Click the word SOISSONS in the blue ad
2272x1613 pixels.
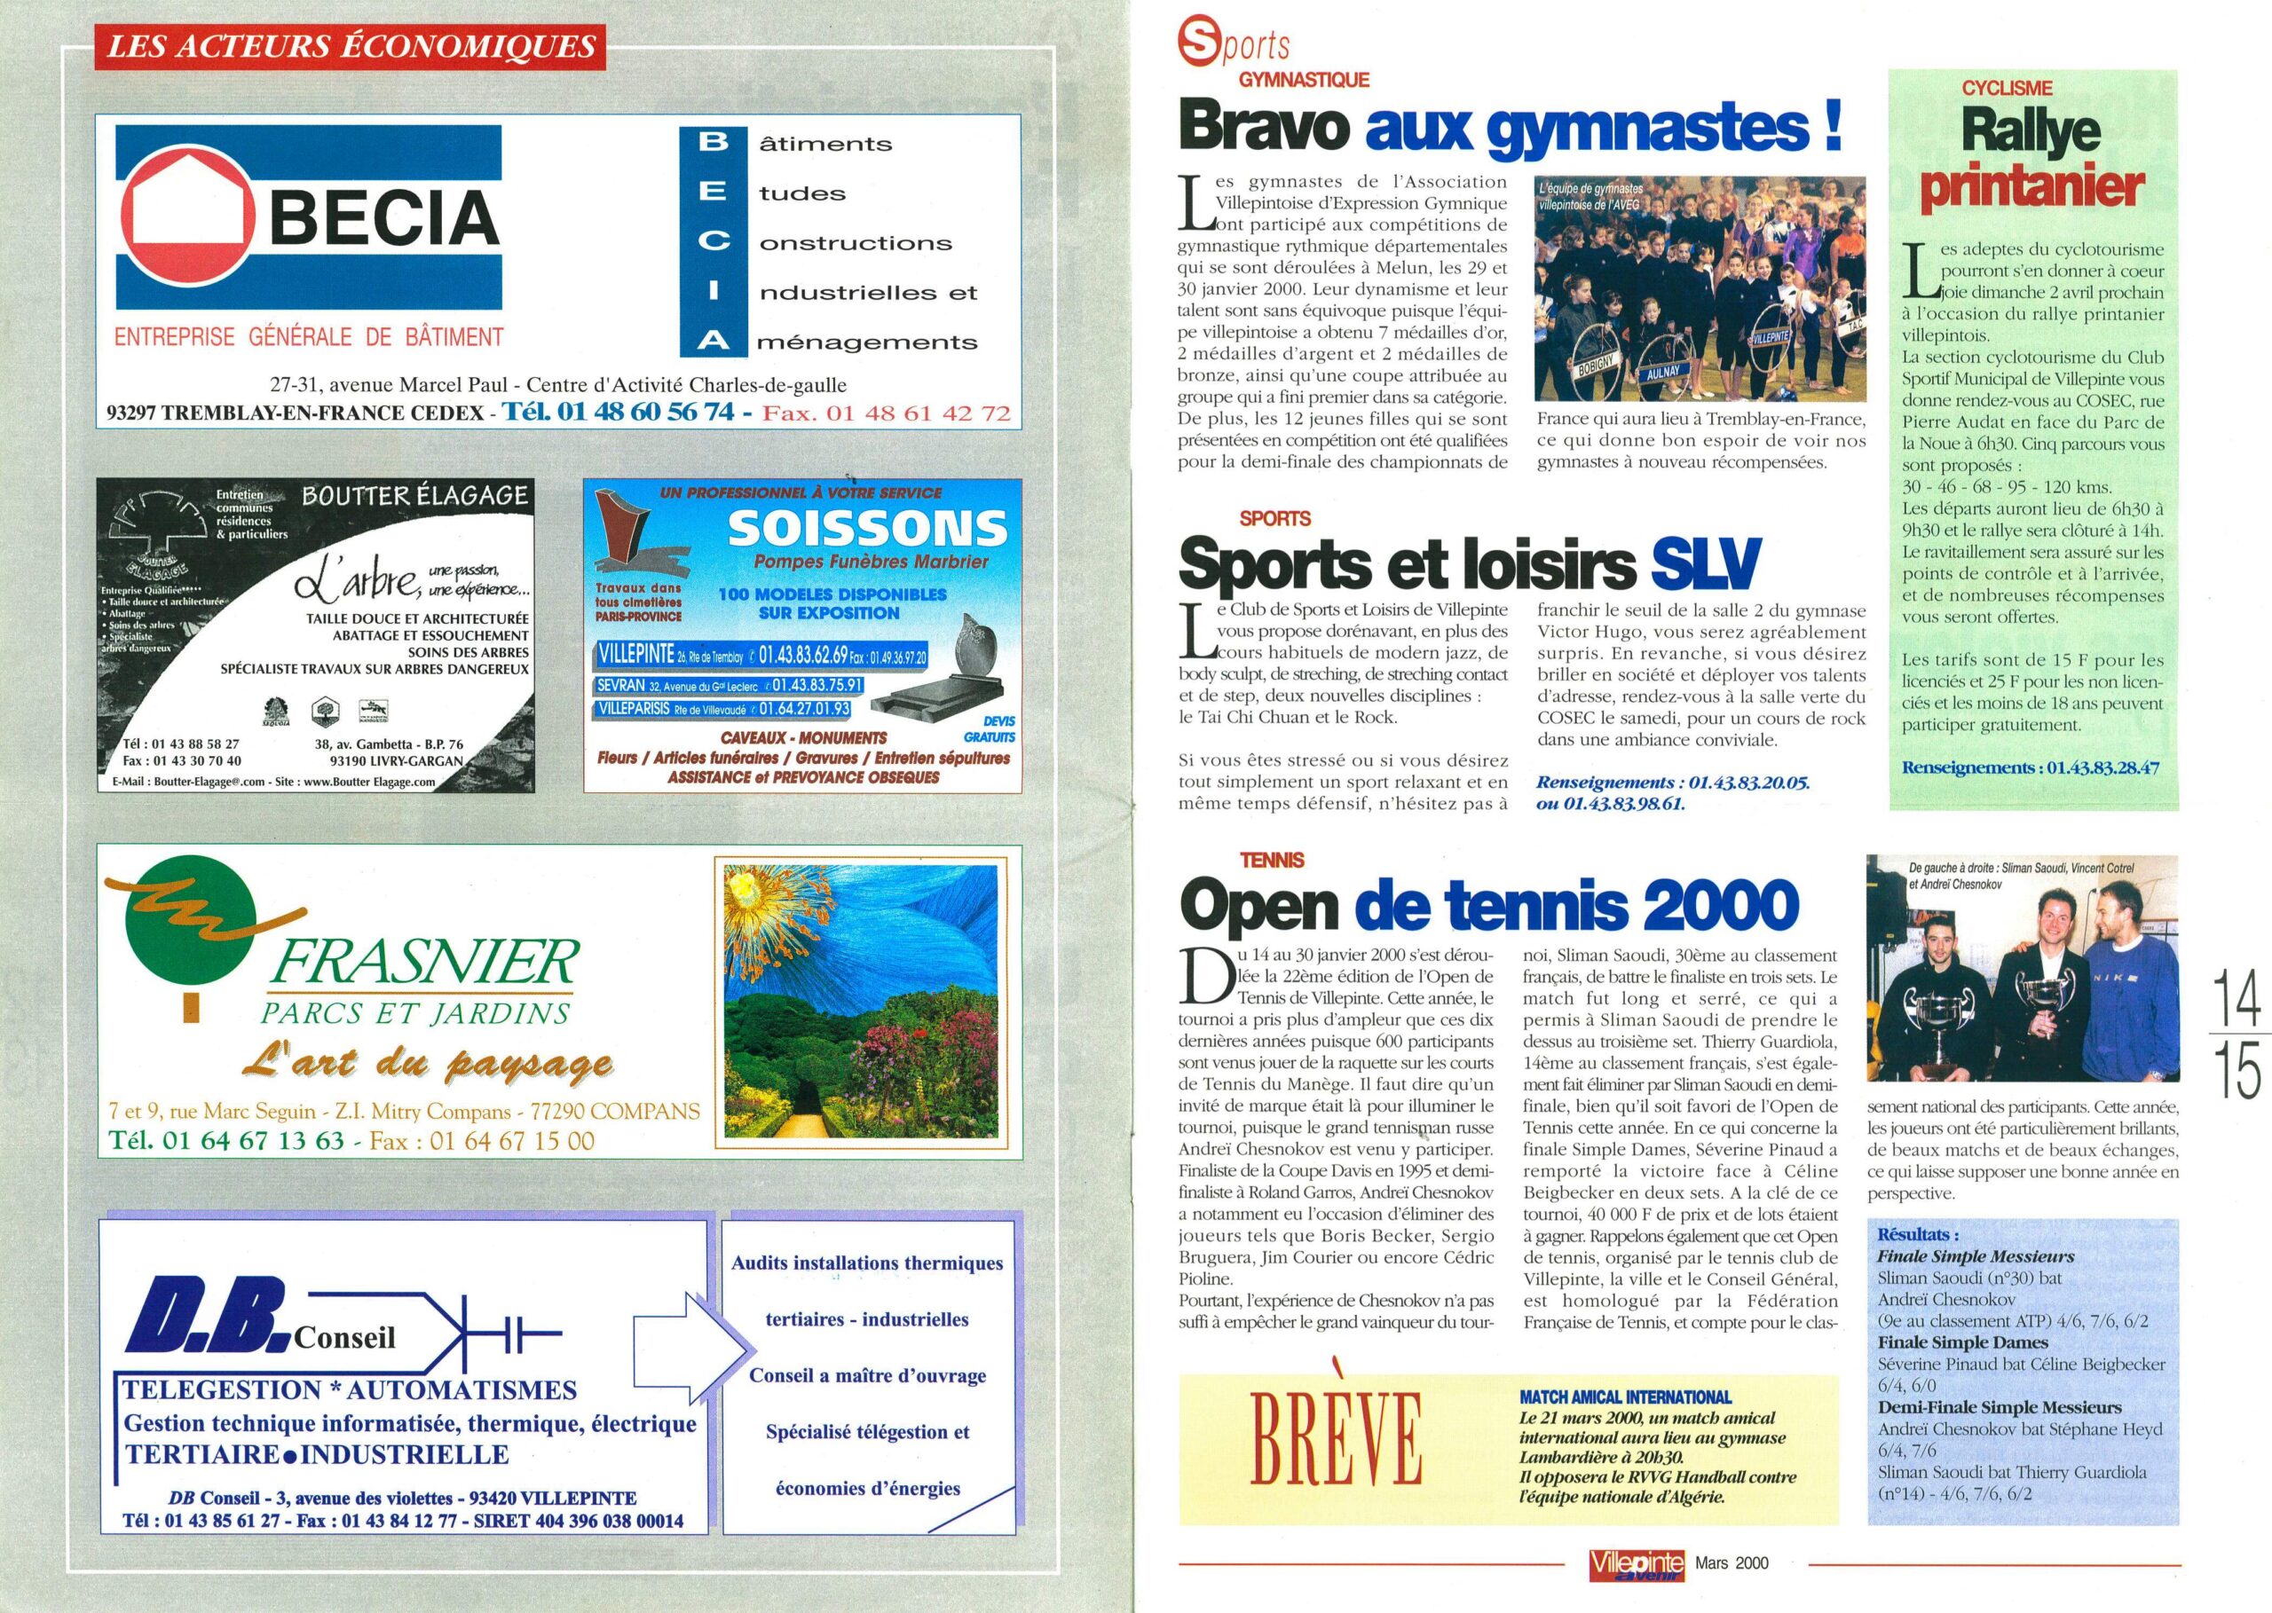click(867, 530)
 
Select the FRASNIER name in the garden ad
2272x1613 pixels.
click(423, 964)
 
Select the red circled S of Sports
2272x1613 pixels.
click(1196, 44)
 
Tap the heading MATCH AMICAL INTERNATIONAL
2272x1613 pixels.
click(1624, 1397)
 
